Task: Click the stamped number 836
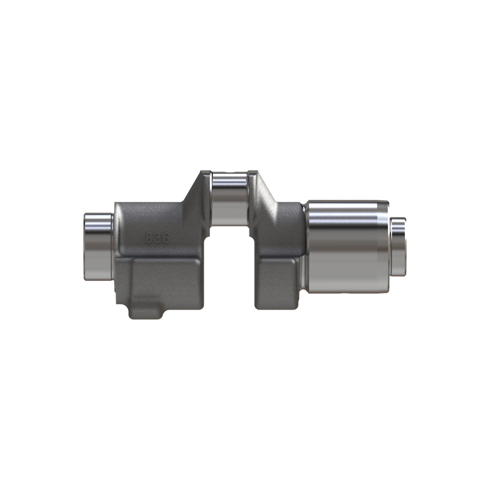coord(157,238)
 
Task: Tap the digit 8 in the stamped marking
coord(149,238)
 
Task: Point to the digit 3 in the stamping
coord(157,238)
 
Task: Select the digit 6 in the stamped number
coord(166,238)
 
